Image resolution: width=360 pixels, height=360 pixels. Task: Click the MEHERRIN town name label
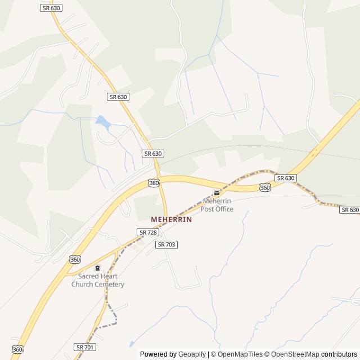point(172,219)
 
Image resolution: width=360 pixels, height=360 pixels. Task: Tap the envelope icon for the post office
point(217,193)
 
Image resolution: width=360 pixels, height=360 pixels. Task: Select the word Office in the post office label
point(224,209)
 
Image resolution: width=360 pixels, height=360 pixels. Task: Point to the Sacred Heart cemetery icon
point(97,268)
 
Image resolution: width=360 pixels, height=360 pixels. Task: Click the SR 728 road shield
point(147,232)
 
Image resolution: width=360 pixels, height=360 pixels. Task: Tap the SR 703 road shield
point(166,244)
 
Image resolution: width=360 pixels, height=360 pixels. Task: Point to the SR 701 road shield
point(84,347)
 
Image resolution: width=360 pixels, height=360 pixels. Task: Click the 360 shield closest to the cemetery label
point(75,259)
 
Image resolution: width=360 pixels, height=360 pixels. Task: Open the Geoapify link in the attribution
point(192,354)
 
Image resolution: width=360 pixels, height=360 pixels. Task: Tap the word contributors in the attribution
point(339,354)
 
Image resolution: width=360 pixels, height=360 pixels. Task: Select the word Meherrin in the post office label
point(218,201)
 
